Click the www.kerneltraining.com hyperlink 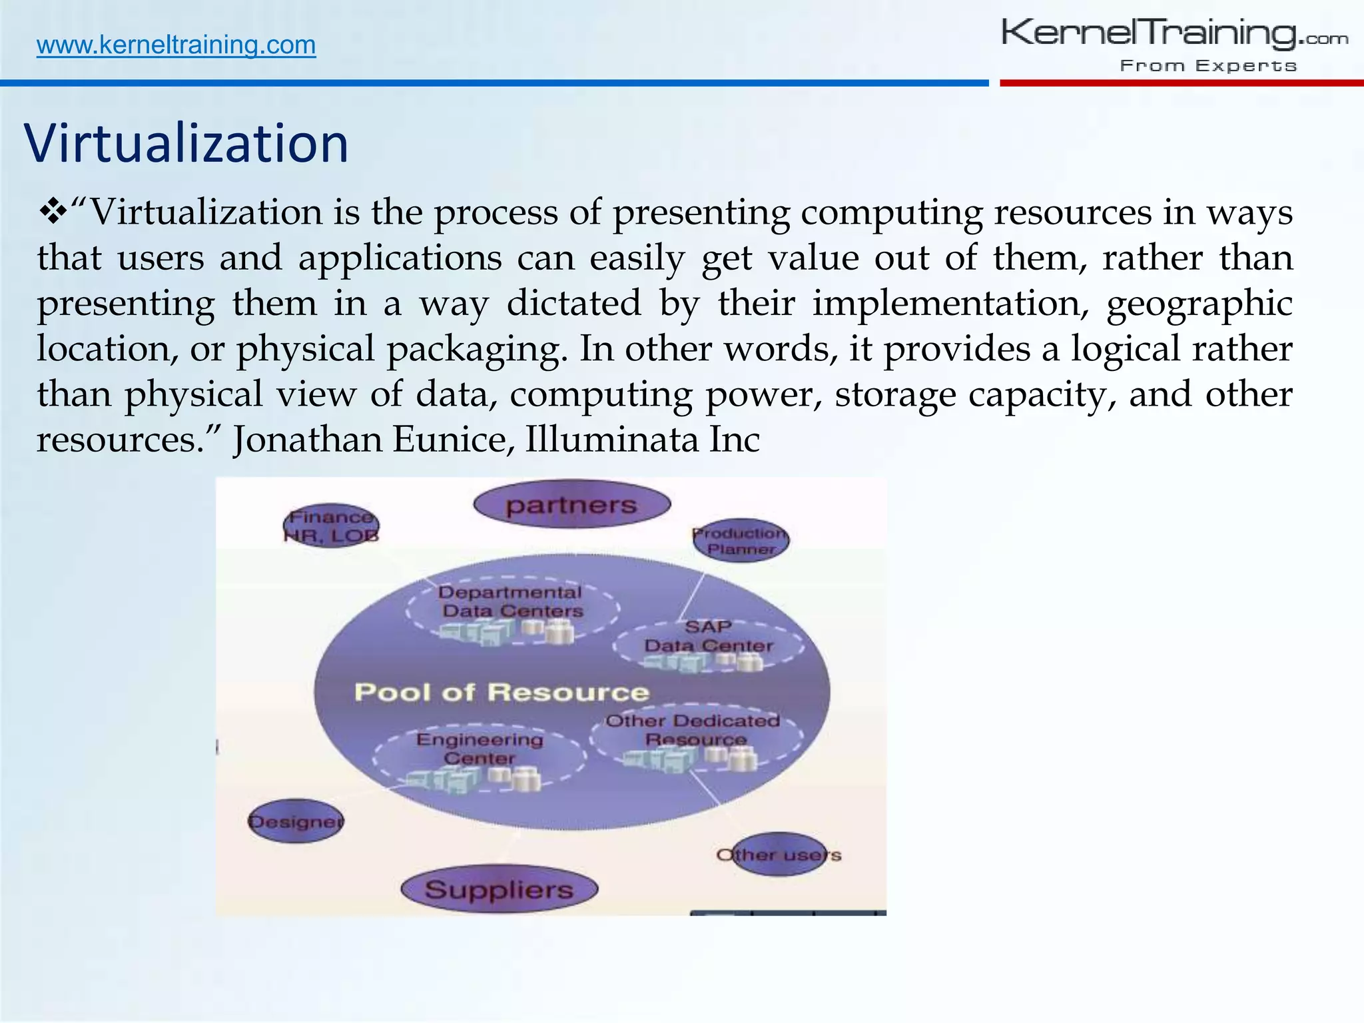[x=176, y=45]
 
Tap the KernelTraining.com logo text [x=1174, y=33]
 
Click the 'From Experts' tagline [x=1208, y=66]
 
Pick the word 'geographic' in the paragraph [x=1199, y=304]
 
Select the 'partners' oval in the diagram [x=571, y=505]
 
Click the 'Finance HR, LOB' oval [x=331, y=525]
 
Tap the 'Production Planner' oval [x=741, y=540]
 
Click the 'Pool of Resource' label [x=501, y=692]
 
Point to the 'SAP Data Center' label [x=708, y=636]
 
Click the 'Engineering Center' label [x=480, y=749]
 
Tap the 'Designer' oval [x=296, y=821]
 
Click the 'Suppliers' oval [x=499, y=889]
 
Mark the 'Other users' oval [x=778, y=854]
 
